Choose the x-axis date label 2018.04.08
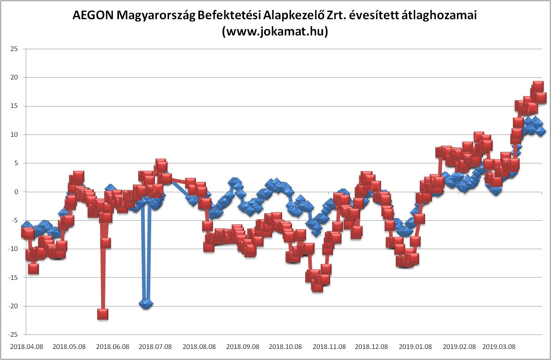[x=26, y=347]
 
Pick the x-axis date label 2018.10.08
[x=286, y=347]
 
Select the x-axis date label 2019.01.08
[x=415, y=347]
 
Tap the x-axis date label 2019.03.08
[x=500, y=347]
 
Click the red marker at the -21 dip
[x=102, y=314]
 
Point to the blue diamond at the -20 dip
[x=146, y=303]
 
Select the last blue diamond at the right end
[x=541, y=131]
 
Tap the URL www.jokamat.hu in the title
[x=275, y=32]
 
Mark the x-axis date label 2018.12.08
[x=371, y=347]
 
